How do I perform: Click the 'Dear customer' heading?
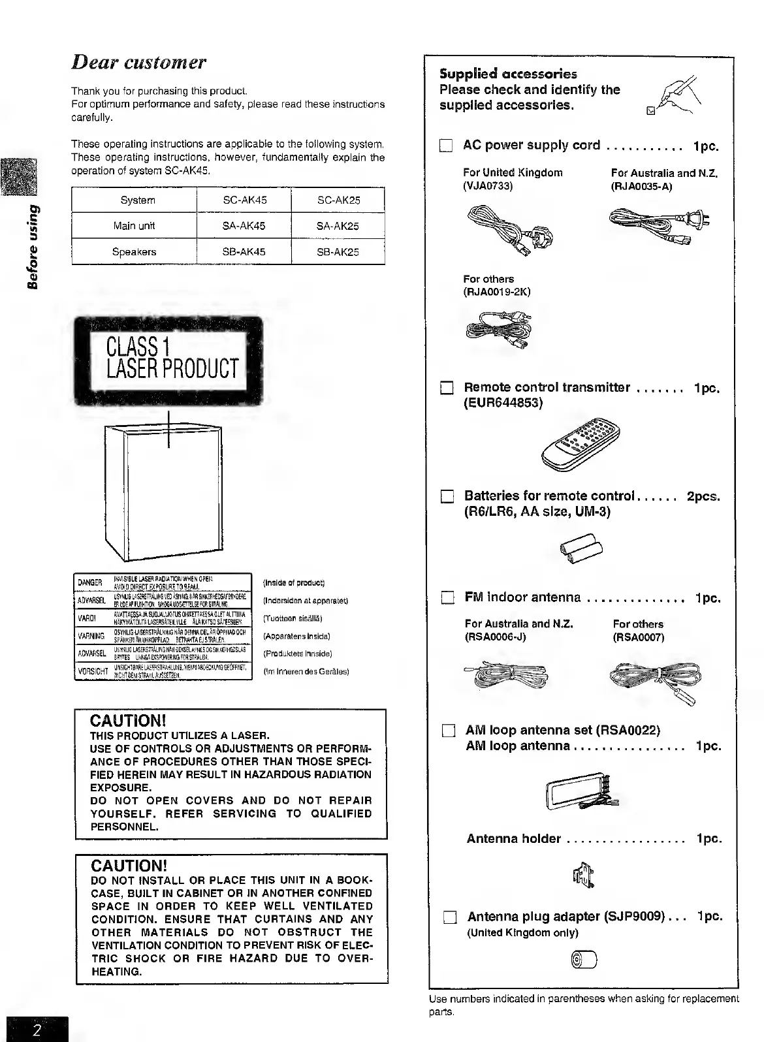[x=138, y=63]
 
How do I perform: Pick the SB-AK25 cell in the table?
[x=338, y=252]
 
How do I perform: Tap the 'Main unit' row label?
[x=134, y=226]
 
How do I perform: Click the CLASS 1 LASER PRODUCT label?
[x=172, y=360]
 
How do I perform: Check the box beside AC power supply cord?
[x=446, y=146]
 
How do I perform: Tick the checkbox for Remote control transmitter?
[x=447, y=389]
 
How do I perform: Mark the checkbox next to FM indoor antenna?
[x=447, y=598]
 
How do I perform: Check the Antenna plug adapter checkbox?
[x=449, y=917]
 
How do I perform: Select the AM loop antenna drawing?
[x=579, y=793]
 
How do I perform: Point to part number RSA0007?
[x=638, y=637]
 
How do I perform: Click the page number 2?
[x=37, y=1030]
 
